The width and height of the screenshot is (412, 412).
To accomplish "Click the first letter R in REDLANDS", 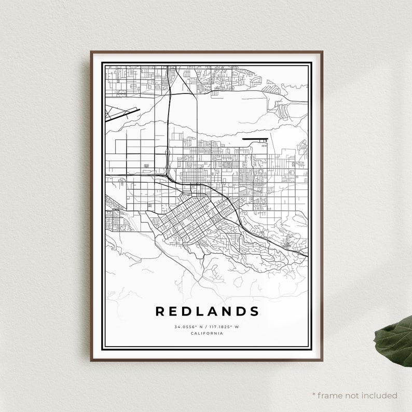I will [x=160, y=311].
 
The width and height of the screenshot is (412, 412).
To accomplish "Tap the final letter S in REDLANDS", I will [x=254, y=311].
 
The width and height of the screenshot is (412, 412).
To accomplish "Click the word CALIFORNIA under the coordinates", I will [x=207, y=333].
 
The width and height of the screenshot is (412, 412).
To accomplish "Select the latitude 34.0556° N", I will [x=187, y=327].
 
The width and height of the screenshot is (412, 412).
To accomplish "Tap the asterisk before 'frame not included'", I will [x=314, y=395].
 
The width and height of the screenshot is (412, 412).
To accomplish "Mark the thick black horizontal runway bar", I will [x=254, y=139].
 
